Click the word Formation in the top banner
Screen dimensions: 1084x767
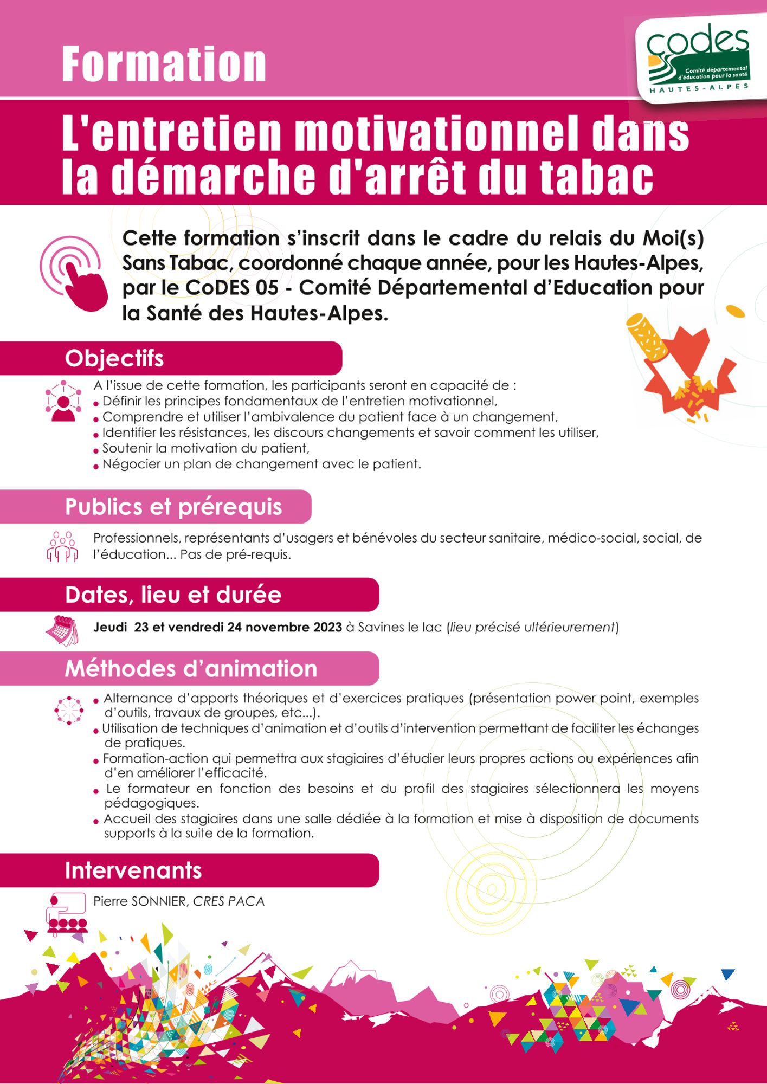[164, 64]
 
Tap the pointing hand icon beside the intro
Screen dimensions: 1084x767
[75, 273]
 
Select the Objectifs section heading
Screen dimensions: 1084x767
[114, 359]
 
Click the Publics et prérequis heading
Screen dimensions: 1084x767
[173, 507]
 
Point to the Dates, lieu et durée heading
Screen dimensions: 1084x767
[173, 595]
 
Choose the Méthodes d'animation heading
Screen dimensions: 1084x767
[191, 669]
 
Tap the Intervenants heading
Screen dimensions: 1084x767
[133, 870]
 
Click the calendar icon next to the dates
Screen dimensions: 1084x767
[62, 630]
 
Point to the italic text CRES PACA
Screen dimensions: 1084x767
[229, 901]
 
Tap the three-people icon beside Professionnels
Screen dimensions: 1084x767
[62, 546]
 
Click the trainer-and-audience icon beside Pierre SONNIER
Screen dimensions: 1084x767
[67, 913]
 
